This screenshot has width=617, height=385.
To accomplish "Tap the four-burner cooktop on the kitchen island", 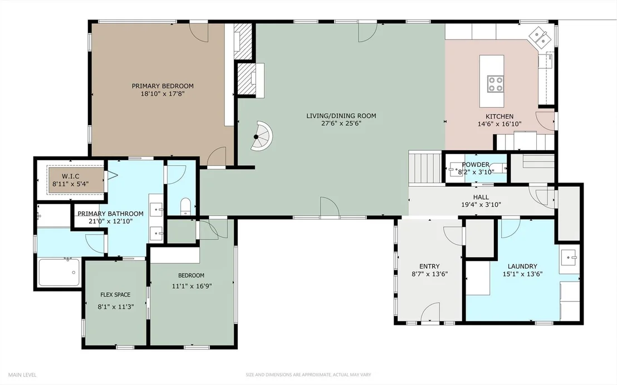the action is coord(496,84).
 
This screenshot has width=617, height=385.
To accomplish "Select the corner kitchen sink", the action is coord(539,37).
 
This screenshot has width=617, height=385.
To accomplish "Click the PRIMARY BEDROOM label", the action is coord(163,86).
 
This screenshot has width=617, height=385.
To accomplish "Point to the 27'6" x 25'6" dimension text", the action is coord(341,124).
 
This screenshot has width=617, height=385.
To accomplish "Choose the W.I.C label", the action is coord(70,176).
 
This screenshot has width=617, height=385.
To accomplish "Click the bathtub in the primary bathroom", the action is coord(59,273).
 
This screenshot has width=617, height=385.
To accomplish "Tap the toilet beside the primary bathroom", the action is coord(185,207).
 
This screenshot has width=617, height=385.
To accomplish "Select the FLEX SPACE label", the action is coord(115,294).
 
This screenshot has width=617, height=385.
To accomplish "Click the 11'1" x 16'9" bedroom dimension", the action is coord(192,287).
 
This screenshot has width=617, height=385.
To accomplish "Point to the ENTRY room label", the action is coord(429,266).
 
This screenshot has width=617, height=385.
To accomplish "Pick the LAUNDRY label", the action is coord(522,266).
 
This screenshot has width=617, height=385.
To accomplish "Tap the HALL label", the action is coord(481,197).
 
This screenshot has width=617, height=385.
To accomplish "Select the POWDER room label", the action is coord(476,164).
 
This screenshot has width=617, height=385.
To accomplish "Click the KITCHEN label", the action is coord(500,116).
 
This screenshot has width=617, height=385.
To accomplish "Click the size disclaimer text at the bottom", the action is coord(308,375).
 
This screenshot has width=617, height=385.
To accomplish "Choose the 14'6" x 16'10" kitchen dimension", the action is coord(500,124).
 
